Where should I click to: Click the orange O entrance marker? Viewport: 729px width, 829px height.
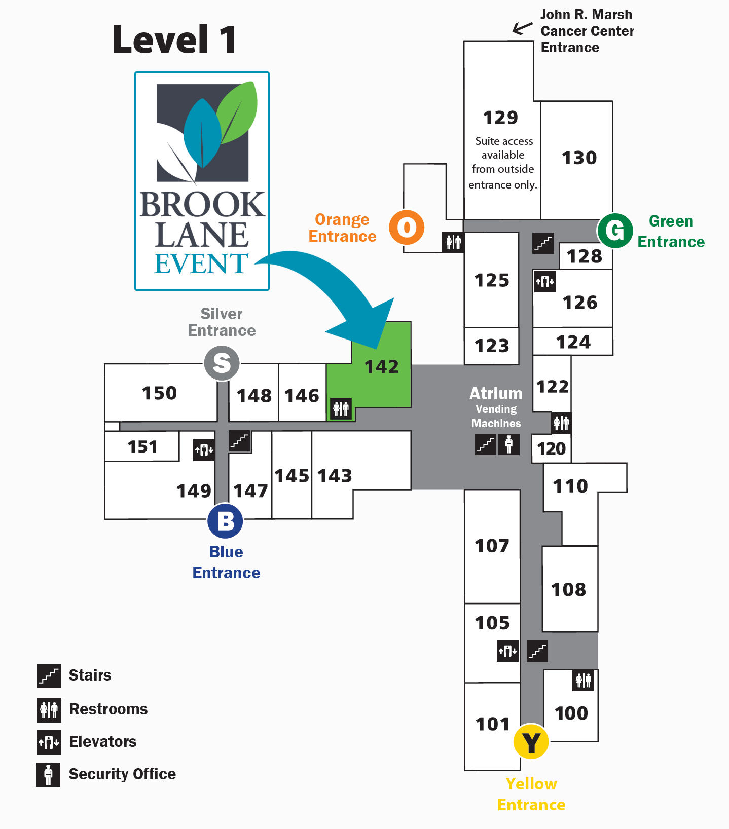click(x=407, y=228)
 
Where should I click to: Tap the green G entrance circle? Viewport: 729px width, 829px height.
click(x=615, y=231)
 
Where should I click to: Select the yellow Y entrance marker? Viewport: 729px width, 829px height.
click(x=531, y=742)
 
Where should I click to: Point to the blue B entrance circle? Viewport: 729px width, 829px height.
click(x=225, y=521)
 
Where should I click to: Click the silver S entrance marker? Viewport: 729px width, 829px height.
click(x=222, y=363)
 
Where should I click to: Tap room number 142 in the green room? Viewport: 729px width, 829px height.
click(x=382, y=366)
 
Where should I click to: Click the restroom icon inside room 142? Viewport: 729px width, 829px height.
click(x=341, y=408)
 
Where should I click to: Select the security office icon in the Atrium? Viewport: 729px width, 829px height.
click(x=509, y=444)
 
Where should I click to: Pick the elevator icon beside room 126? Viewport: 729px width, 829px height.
click(x=545, y=282)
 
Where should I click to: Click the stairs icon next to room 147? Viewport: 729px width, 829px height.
click(x=239, y=441)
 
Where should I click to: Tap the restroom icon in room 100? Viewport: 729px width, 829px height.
click(x=583, y=680)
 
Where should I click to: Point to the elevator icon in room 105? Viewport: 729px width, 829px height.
click(x=507, y=651)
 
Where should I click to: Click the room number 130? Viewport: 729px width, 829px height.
click(x=579, y=158)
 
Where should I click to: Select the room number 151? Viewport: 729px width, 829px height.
click(x=142, y=447)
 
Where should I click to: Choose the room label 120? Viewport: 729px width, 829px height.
click(x=551, y=448)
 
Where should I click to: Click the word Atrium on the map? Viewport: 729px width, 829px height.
click(x=496, y=394)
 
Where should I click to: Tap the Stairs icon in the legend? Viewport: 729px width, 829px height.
click(x=49, y=676)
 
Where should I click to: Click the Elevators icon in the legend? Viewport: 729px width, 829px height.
click(x=49, y=742)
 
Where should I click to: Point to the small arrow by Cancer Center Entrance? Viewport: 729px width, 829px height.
click(x=522, y=28)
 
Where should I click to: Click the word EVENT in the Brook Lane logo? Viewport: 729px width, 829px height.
click(x=201, y=264)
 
